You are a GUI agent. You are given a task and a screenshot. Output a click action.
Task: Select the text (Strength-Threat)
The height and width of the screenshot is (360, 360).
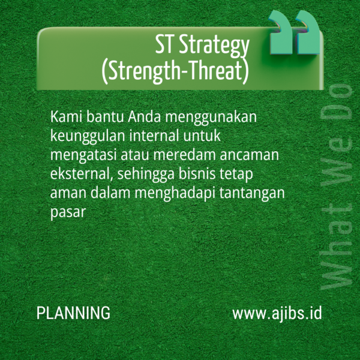click(x=175, y=71)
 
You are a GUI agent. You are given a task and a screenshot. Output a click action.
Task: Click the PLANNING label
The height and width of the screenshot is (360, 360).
click(x=73, y=313)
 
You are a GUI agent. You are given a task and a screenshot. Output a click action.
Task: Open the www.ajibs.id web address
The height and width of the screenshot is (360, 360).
click(x=277, y=313)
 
